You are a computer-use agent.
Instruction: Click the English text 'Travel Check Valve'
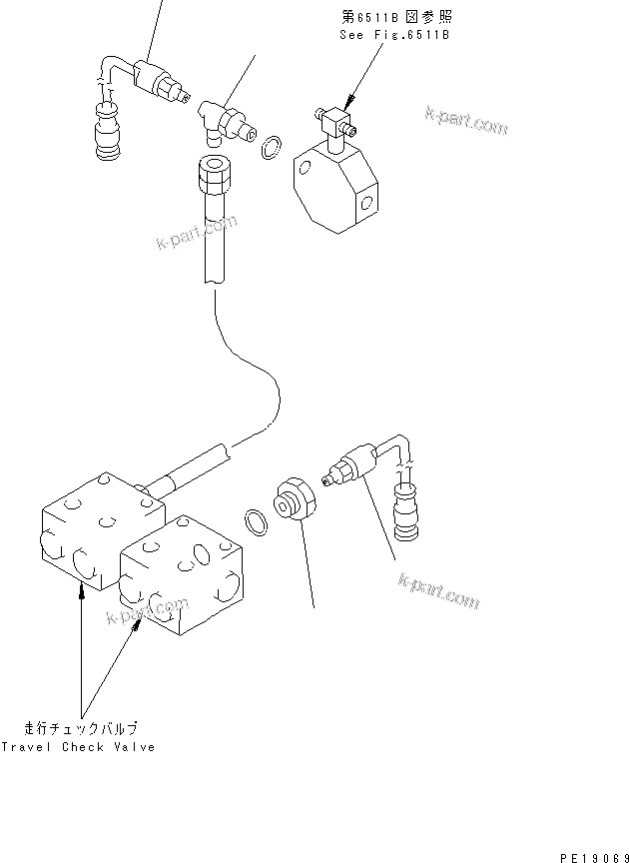[78, 747]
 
